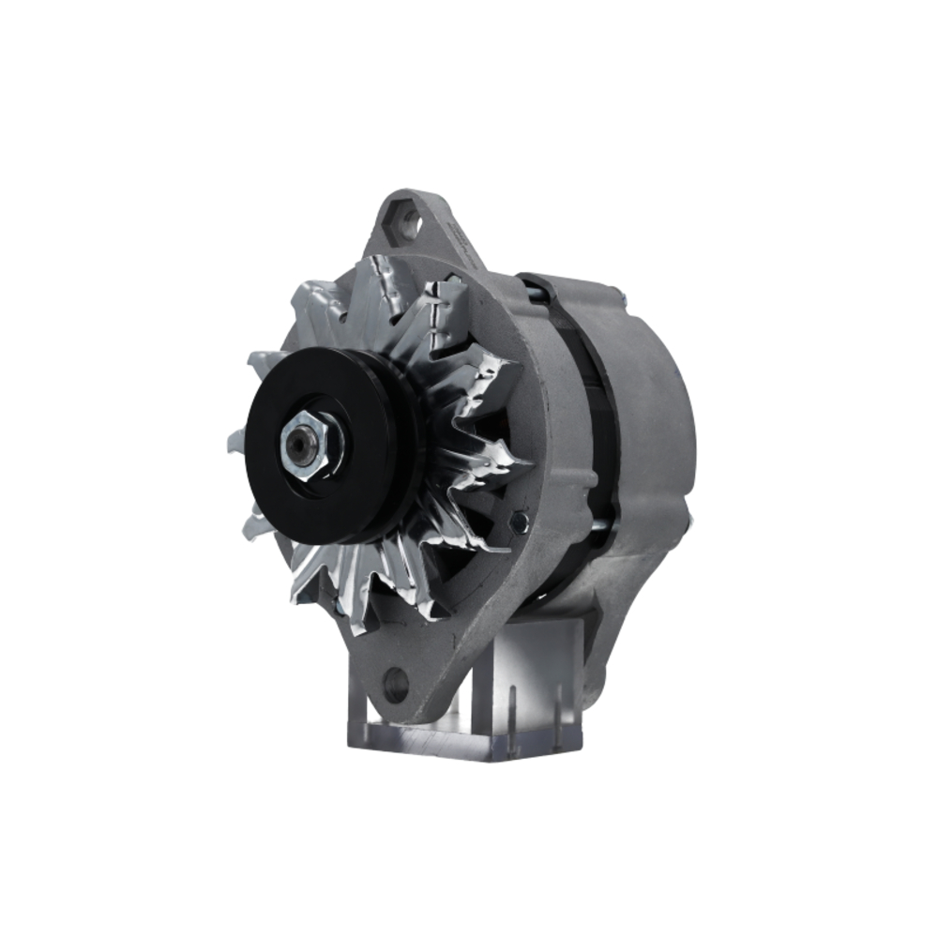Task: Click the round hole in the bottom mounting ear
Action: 396,683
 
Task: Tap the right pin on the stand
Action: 559,705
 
